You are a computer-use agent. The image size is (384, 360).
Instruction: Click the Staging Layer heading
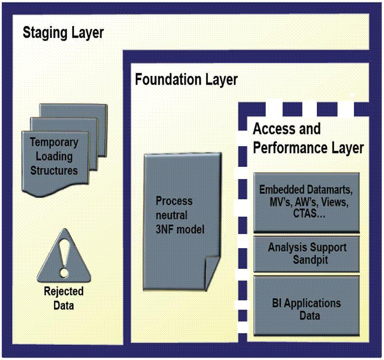click(x=63, y=33)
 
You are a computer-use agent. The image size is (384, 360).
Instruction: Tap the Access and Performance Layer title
click(x=308, y=138)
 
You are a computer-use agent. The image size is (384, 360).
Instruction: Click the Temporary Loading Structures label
click(x=54, y=156)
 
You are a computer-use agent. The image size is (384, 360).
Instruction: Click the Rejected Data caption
click(x=64, y=298)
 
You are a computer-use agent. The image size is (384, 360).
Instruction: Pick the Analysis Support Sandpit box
click(x=307, y=254)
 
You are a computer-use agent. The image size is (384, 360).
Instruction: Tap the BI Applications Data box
click(x=307, y=308)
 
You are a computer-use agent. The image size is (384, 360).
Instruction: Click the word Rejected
click(x=64, y=291)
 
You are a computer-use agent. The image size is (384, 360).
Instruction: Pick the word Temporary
click(x=54, y=142)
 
